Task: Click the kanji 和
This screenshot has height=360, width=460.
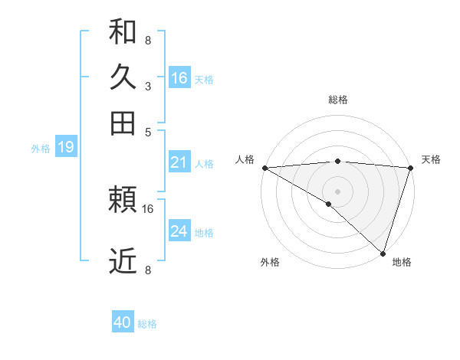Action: [x=123, y=31]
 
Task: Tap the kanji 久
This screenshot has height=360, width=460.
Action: [x=123, y=77]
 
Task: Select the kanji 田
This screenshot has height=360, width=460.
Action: [x=123, y=123]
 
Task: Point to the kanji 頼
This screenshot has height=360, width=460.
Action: [x=123, y=201]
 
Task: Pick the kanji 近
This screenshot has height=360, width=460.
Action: [x=123, y=262]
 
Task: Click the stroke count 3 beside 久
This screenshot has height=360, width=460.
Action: [x=147, y=87]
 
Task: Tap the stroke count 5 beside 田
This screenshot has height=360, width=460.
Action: [x=147, y=132]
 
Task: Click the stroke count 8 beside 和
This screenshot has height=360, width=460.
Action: [x=147, y=40]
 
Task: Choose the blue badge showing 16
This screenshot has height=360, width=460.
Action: [x=179, y=78]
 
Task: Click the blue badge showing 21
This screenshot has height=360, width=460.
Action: [x=179, y=162]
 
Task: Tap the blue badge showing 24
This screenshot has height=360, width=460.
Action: [x=179, y=231]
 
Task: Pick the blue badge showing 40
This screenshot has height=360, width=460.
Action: [x=123, y=322]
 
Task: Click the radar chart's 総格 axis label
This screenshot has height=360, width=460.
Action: [x=338, y=100]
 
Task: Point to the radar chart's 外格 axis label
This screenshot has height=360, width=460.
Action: [x=270, y=263]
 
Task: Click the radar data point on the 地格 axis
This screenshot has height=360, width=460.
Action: [x=383, y=253]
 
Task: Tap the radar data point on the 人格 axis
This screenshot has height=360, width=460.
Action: [x=264, y=168]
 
